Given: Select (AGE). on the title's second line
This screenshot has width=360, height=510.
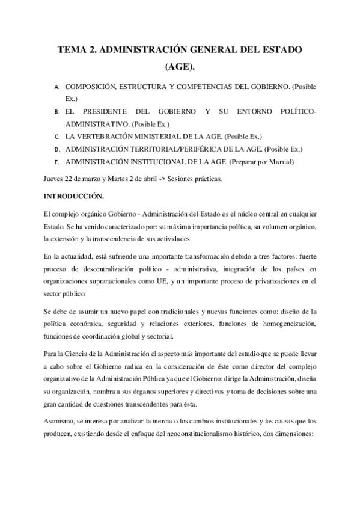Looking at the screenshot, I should tap(180, 68).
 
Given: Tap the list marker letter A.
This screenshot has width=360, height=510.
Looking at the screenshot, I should tap(55, 88).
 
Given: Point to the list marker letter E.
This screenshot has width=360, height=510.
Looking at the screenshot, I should tap(55, 162).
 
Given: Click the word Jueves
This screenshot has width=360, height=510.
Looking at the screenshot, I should tap(55, 179).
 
